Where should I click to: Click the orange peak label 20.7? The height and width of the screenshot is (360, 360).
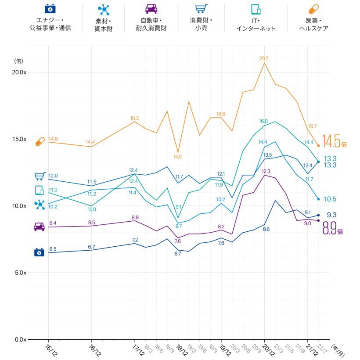[264, 58]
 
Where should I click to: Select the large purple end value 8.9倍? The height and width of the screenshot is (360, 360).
[333, 229]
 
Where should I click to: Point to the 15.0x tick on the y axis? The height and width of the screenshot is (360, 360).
[19, 139]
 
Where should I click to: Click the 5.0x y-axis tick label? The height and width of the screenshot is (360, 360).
[19, 273]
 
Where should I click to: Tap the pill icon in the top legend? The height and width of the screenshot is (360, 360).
[313, 9]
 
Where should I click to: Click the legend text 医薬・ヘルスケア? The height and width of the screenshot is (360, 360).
[313, 25]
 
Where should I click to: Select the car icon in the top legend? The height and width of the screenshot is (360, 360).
[151, 9]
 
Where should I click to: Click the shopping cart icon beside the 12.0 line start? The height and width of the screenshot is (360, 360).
[40, 176]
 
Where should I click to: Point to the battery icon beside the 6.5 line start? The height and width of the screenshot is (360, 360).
[39, 252]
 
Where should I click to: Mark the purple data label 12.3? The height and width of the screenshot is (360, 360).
[266, 171]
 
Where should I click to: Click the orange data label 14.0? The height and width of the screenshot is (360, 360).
[177, 156]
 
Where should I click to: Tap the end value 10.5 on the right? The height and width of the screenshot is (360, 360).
[330, 199]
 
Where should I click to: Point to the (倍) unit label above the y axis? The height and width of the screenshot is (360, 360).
[18, 61]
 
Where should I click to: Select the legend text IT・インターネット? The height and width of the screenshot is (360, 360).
[256, 25]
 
